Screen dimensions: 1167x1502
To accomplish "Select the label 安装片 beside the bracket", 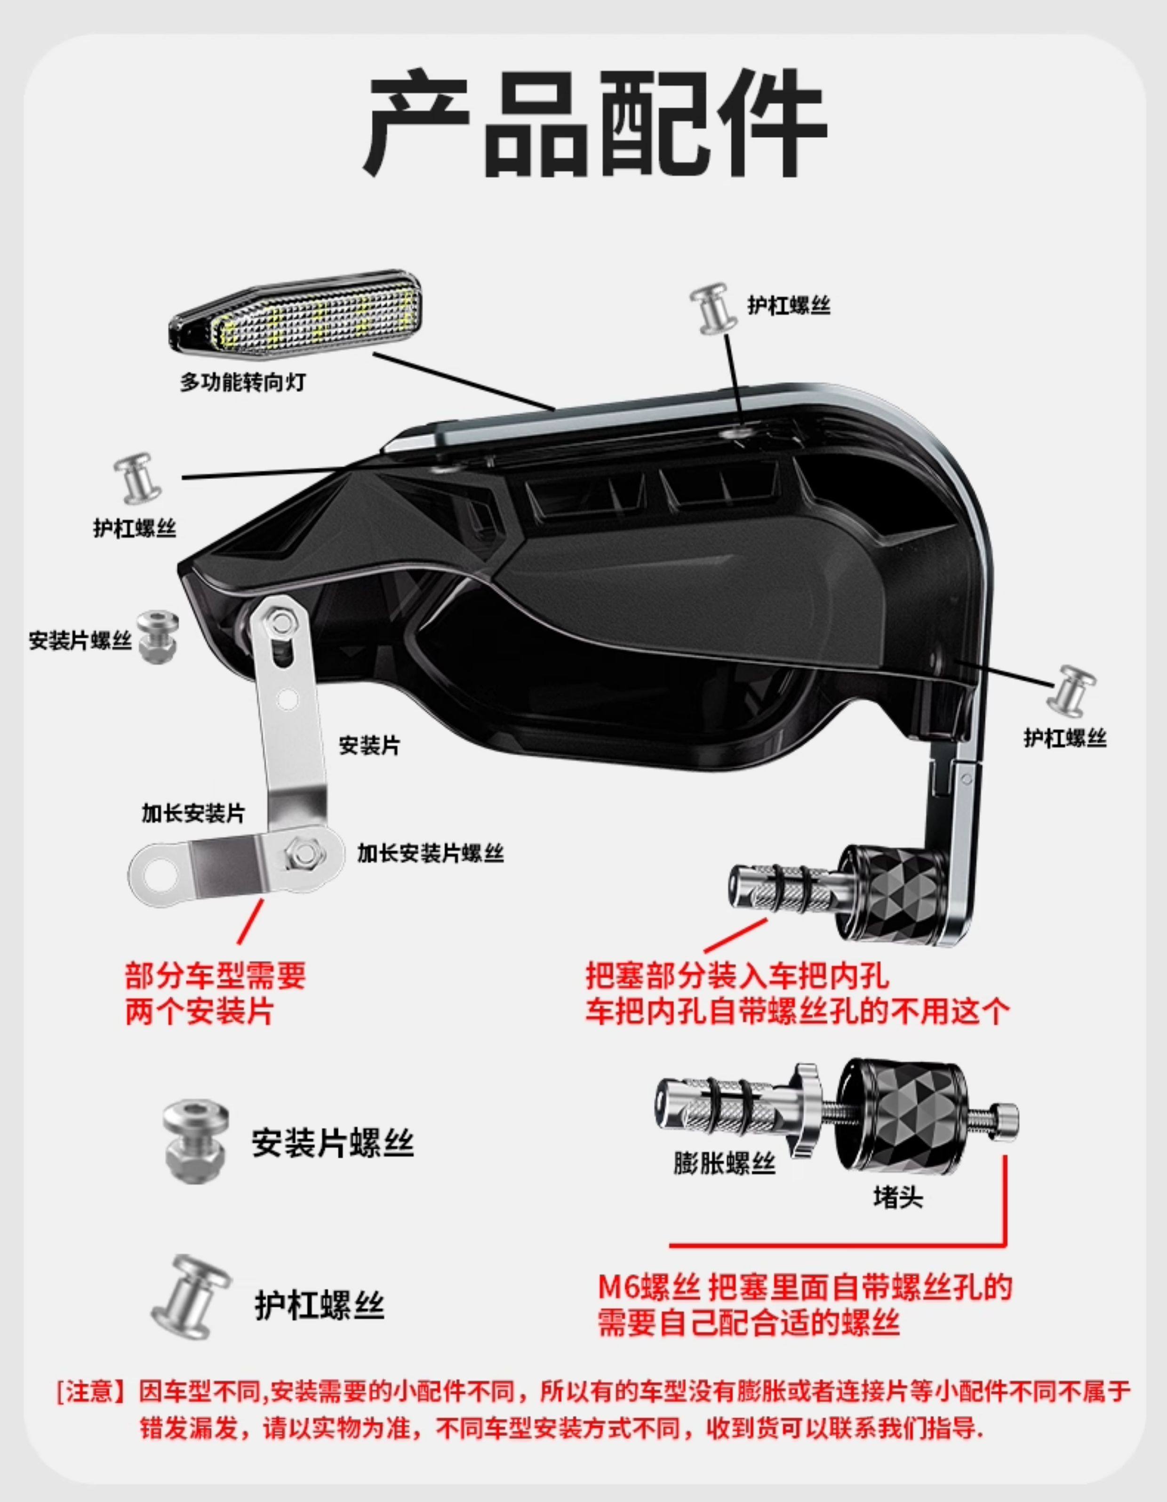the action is pos(369,745).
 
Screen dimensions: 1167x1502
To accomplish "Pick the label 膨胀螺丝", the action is pos(724,1164).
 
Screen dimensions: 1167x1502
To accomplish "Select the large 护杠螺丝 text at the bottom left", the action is pos(319,1305).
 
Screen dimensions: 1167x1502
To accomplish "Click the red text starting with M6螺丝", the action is pos(805,1287).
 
